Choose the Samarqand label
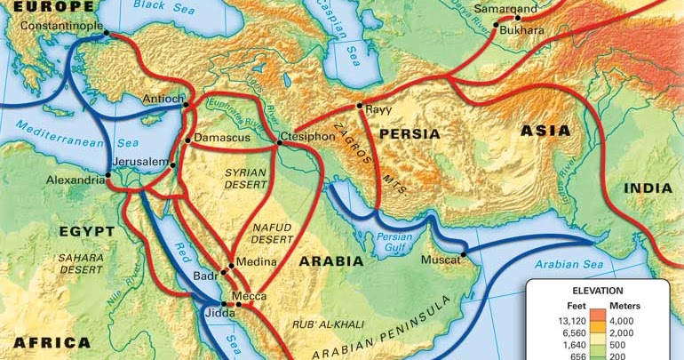(505, 10)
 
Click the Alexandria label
(76, 180)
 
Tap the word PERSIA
(410, 134)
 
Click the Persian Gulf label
(394, 244)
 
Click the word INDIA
(648, 188)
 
